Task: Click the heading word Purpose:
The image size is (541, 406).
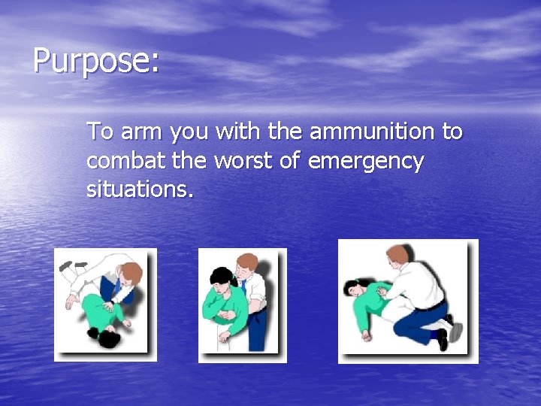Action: click(96, 61)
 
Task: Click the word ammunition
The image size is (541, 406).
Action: click(372, 132)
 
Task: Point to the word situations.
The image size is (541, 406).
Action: click(140, 189)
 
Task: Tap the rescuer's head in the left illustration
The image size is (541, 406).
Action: click(131, 271)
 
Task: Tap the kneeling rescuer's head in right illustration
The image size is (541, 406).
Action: click(398, 256)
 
